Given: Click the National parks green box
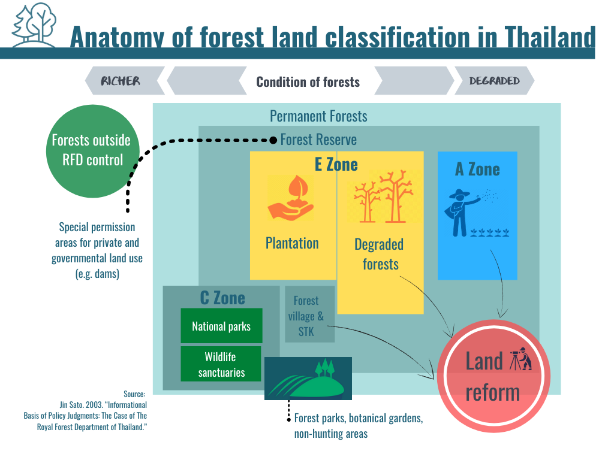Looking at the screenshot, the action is [x=221, y=326].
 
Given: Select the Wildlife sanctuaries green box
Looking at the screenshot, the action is [x=221, y=364].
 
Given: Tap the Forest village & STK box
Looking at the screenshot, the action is [x=310, y=314].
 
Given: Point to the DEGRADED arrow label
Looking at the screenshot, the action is [x=494, y=81].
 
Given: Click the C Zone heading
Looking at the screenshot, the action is [x=222, y=298].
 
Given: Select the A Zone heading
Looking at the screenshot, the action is [x=477, y=170].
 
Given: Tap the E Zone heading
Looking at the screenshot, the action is [x=336, y=165].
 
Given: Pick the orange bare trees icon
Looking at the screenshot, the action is [x=383, y=196].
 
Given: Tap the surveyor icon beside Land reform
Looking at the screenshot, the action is [x=520, y=359].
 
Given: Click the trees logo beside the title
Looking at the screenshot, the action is [x=34, y=24].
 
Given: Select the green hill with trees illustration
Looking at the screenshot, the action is [x=308, y=379].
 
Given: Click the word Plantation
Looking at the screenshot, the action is [x=292, y=243].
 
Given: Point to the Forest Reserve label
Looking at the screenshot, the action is [x=318, y=140].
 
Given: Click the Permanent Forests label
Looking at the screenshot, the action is [x=318, y=116].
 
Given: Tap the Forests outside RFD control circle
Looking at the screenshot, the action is [x=93, y=151].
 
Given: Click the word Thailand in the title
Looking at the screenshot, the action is [x=550, y=37].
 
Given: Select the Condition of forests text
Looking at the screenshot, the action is [x=308, y=81].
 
